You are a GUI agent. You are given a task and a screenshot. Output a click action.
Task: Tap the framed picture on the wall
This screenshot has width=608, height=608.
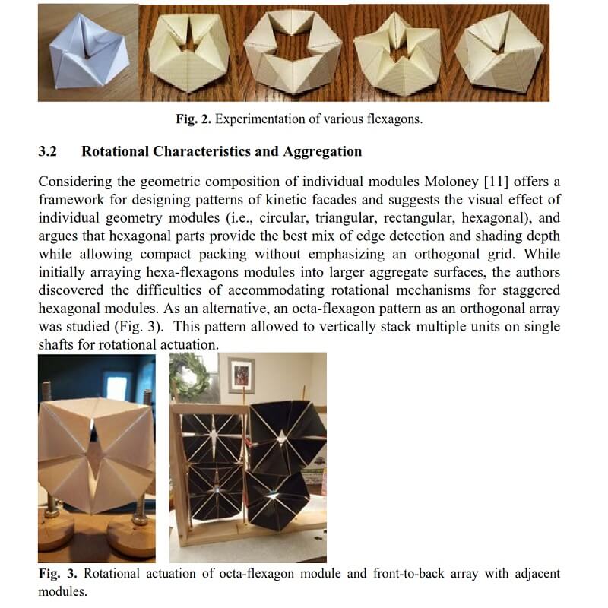[241, 375]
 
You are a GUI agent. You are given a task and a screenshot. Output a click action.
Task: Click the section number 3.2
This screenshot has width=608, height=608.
[47, 151]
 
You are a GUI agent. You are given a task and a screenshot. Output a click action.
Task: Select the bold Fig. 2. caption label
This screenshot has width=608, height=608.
[190, 119]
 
